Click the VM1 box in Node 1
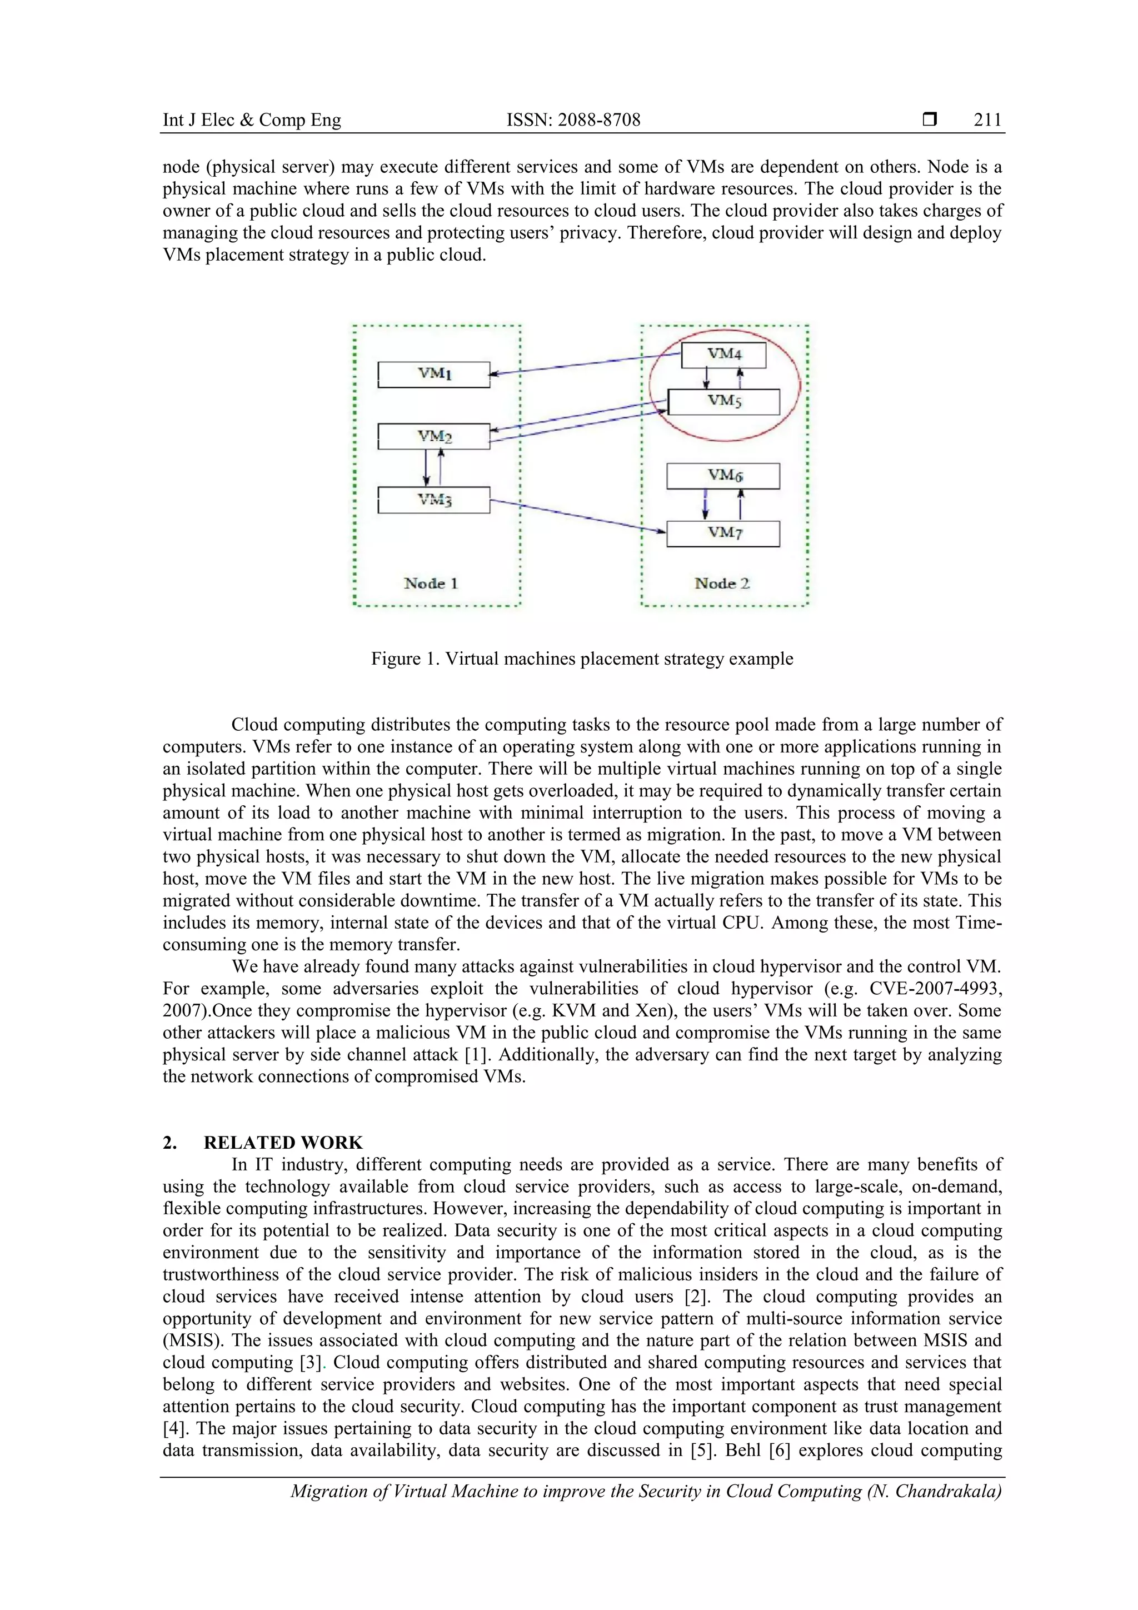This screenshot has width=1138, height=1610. click(x=434, y=375)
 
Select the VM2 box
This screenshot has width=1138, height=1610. click(x=434, y=436)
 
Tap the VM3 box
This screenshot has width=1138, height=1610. click(x=434, y=500)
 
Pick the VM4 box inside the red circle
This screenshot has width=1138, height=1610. click(x=723, y=354)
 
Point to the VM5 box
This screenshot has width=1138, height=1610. click(x=723, y=402)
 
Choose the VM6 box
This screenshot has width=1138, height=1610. click(x=723, y=476)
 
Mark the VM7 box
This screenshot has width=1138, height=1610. click(x=723, y=534)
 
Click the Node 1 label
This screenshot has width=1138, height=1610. click(x=431, y=584)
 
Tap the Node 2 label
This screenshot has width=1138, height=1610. click(x=721, y=584)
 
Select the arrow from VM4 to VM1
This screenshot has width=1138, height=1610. click(x=586, y=364)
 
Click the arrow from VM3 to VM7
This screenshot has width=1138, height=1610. click(x=578, y=517)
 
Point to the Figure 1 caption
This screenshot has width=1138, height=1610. click(x=582, y=659)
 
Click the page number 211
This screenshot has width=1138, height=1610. click(x=987, y=120)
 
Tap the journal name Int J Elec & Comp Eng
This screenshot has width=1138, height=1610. click(x=252, y=120)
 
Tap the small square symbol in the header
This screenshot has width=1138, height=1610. click(x=930, y=120)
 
